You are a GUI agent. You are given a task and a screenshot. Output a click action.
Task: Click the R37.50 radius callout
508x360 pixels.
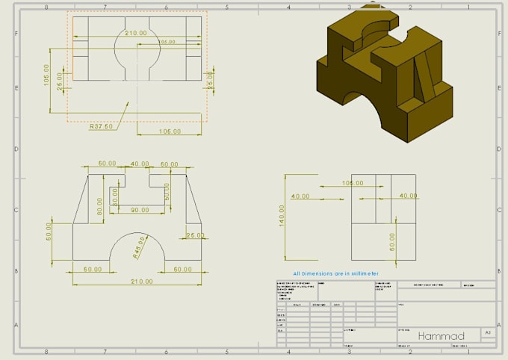click(x=101, y=126)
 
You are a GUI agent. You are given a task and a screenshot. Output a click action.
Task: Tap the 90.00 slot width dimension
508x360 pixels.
click(x=140, y=210)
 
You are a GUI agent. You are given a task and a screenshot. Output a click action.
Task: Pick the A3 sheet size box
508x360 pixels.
click(x=487, y=332)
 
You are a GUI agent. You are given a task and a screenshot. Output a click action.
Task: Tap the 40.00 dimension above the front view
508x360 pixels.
click(x=140, y=164)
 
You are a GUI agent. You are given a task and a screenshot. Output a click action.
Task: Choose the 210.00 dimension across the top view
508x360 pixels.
click(x=136, y=33)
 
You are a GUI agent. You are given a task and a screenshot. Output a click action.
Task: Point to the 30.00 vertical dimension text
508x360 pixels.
click(x=115, y=196)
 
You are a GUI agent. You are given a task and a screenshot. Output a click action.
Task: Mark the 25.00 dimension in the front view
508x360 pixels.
click(x=195, y=235)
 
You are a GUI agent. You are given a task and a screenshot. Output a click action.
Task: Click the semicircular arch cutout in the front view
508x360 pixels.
click(x=140, y=250)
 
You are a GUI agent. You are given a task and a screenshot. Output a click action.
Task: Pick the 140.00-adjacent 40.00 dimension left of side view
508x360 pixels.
click(x=300, y=196)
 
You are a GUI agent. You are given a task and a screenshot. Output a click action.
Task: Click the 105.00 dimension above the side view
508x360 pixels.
click(x=352, y=182)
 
